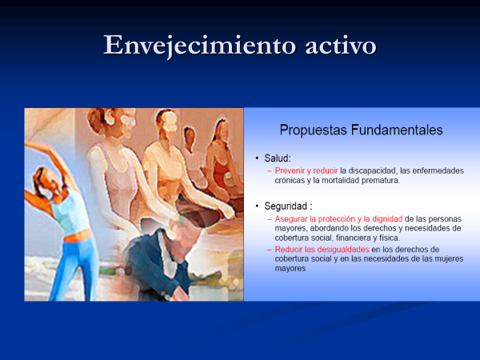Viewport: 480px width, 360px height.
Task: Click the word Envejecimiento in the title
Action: pos(200,46)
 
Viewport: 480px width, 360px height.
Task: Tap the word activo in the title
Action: pos(341,46)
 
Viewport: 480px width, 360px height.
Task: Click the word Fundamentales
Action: pos(397,130)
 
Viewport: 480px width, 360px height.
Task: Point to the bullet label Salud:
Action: pos(278,158)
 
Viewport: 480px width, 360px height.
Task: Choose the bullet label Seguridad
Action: pos(286,206)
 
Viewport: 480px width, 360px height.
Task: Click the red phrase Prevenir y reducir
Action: pos(306,171)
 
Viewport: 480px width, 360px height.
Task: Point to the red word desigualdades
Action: pos(343,250)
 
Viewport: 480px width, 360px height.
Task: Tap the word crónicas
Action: pos(290,180)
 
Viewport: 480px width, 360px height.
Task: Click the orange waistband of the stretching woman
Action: pos(78,236)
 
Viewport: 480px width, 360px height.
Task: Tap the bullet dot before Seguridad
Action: pos(257,206)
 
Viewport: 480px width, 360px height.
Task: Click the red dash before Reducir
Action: pos(270,250)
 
